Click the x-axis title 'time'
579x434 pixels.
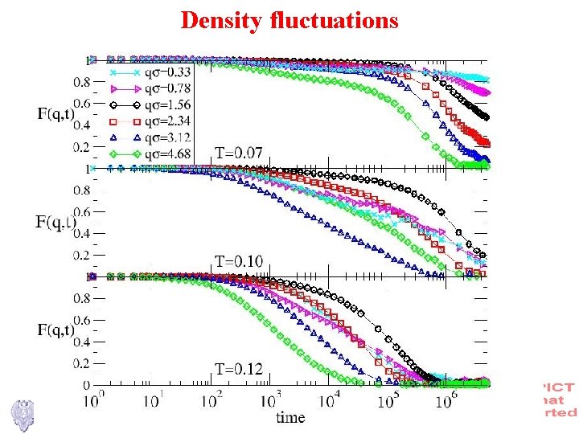click(290, 417)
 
